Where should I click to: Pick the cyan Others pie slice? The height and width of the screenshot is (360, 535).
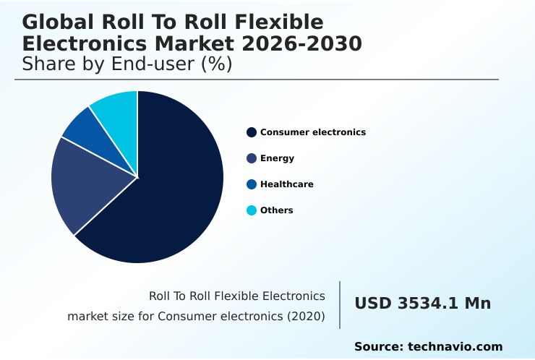tap(116, 108)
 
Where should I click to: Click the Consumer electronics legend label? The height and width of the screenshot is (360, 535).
tap(312, 132)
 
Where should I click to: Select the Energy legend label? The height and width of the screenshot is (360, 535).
tap(277, 158)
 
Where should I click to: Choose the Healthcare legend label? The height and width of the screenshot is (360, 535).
tap(286, 184)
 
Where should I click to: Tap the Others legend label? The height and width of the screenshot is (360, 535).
tap(276, 210)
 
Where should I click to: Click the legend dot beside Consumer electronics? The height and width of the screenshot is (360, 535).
tap(252, 132)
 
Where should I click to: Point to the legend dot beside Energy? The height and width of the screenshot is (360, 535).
tap(252, 158)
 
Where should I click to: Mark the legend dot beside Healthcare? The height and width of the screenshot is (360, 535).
tap(252, 184)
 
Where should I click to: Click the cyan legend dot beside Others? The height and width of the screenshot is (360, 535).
tap(252, 210)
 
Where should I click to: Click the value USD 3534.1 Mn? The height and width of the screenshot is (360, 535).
tap(422, 304)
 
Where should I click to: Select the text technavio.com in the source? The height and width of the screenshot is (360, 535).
tap(455, 347)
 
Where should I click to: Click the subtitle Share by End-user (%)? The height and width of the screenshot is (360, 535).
tap(127, 64)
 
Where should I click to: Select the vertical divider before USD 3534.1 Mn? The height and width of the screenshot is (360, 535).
tap(340, 305)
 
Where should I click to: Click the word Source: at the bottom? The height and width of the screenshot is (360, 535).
tap(378, 347)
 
